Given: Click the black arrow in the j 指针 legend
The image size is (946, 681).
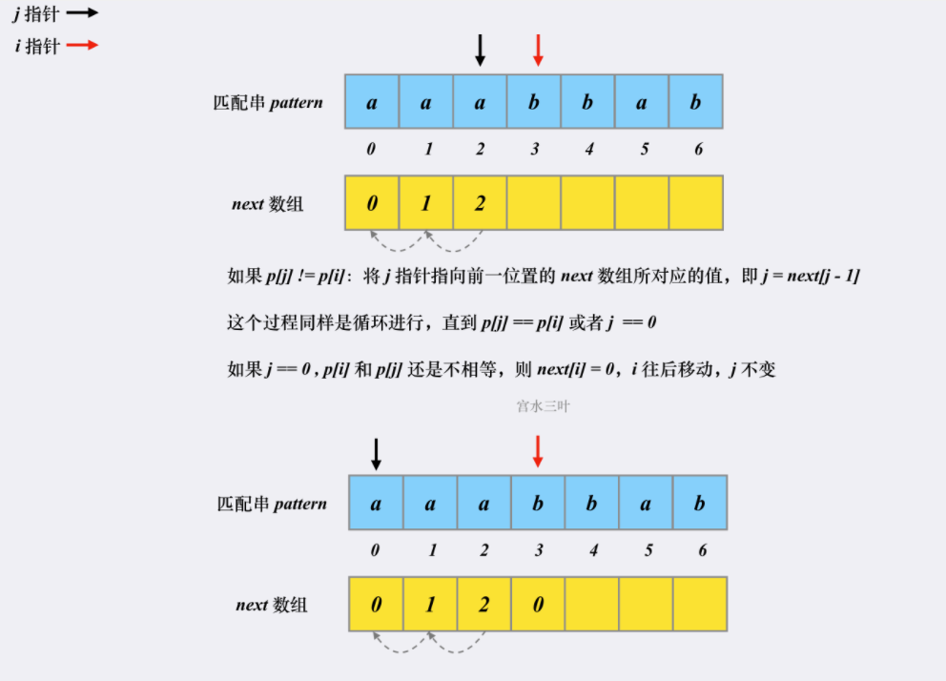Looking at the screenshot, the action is tap(82, 14).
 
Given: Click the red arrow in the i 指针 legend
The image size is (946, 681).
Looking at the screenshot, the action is tap(82, 45).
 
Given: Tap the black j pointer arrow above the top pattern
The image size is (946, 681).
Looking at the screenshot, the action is tap(480, 51).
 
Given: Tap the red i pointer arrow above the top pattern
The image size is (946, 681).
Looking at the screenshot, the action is tap(538, 51).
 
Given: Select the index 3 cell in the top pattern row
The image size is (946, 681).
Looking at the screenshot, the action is tap(533, 101).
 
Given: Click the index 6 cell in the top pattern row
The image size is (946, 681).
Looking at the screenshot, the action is tap(695, 101).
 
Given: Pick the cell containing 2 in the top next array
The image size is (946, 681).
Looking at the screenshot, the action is tap(480, 203).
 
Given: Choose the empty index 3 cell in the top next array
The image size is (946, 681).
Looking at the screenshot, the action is tap(533, 203).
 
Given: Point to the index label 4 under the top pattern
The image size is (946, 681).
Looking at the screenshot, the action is tap(587, 150).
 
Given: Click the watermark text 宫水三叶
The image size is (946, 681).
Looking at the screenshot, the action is tap(544, 406).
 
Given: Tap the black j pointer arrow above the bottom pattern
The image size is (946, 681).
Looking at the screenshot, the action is tap(376, 453).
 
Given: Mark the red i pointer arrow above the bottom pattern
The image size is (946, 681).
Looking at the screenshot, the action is tap(538, 451).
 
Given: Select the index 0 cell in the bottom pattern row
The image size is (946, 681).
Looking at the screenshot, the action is tap(376, 504).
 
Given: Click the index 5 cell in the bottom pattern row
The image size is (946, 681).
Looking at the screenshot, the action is tap(646, 504).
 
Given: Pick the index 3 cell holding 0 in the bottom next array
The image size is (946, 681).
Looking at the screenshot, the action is tap(538, 604).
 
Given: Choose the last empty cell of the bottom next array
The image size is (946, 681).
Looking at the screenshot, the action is tap(699, 604).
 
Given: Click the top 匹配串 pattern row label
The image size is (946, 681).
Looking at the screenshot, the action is tap(268, 102).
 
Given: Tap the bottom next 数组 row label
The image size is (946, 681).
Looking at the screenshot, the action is tap(272, 605).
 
